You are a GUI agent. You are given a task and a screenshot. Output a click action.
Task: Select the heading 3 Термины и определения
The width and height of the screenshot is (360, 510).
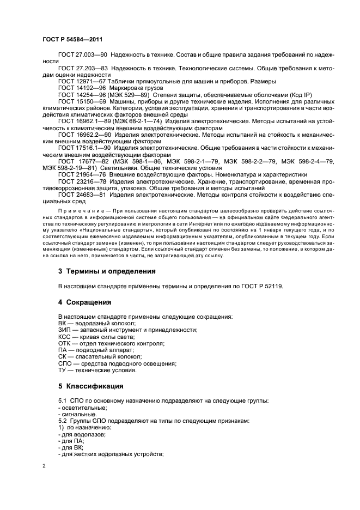point(106,271)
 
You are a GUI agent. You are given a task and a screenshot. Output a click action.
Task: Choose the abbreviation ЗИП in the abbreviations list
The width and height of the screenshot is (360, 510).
point(64,330)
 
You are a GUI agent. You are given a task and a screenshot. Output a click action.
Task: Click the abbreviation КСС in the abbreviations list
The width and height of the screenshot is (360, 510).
point(64,337)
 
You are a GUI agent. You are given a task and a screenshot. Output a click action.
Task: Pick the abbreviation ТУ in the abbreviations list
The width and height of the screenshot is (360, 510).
point(63,370)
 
